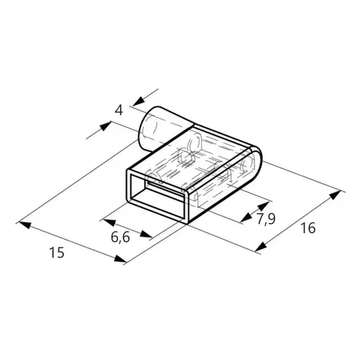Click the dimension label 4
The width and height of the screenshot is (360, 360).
[x=119, y=111]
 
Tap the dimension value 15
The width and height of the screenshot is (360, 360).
[x=57, y=253]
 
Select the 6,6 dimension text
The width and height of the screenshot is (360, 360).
[x=120, y=237]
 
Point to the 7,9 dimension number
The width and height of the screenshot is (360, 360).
[x=266, y=219]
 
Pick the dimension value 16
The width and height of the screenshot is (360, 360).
[x=308, y=228]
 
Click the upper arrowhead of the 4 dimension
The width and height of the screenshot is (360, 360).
[x=139, y=101]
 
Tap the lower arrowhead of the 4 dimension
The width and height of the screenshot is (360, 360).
[x=105, y=126]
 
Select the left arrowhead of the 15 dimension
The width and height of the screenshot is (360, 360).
[x=24, y=225]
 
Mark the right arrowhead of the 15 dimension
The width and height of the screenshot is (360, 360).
[x=120, y=258]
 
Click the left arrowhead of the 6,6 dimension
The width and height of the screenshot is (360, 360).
[x=109, y=222]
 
